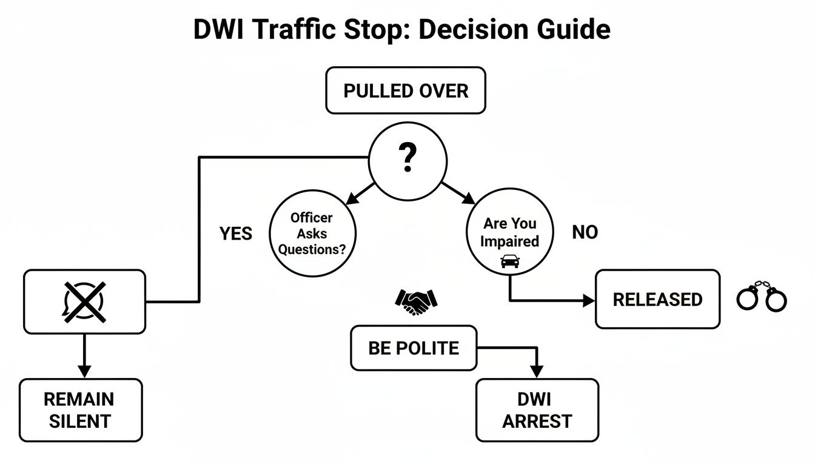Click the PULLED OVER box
(406, 91)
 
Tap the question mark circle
(407, 160)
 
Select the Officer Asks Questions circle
(312, 234)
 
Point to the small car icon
(510, 262)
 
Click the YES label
(235, 234)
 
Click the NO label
(585, 232)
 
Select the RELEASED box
(657, 299)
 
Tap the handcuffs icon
(761, 297)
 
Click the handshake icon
(416, 301)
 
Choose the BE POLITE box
(414, 348)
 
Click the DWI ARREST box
(537, 410)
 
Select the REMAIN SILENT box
(80, 410)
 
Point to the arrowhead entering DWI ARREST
(535, 372)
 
